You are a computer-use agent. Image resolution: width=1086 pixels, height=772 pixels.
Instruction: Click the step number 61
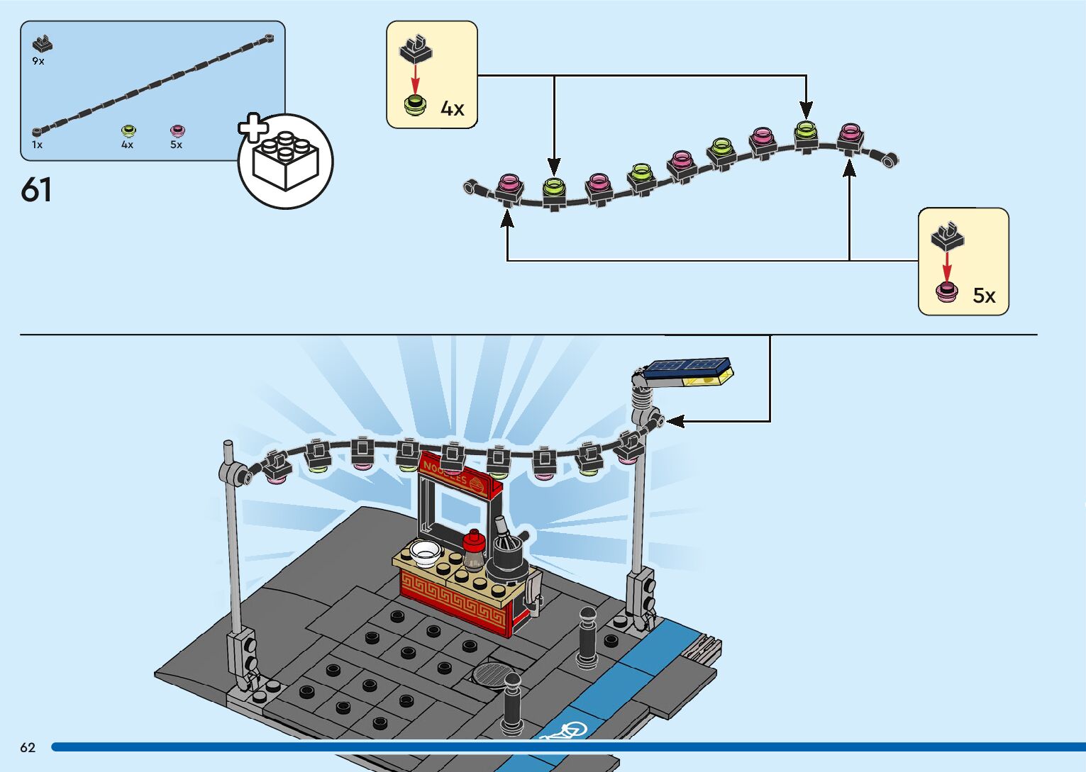coord(36,190)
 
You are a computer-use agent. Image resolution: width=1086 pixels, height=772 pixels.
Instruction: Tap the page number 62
coord(28,747)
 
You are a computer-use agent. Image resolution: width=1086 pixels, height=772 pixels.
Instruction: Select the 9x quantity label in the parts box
coord(38,62)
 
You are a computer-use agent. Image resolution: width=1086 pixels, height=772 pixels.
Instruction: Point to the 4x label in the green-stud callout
coord(453,108)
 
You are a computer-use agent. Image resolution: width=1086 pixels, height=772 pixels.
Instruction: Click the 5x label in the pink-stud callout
coord(984,296)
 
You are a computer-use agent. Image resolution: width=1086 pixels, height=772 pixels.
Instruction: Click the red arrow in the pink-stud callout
coord(947,265)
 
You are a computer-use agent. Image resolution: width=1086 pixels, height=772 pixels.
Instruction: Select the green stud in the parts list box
coord(128,130)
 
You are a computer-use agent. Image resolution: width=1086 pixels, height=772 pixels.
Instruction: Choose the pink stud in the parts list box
coord(177,130)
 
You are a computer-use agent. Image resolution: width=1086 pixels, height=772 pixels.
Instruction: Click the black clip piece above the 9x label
coord(43,44)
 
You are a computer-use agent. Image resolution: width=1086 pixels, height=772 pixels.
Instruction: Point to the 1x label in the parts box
coord(37,145)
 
